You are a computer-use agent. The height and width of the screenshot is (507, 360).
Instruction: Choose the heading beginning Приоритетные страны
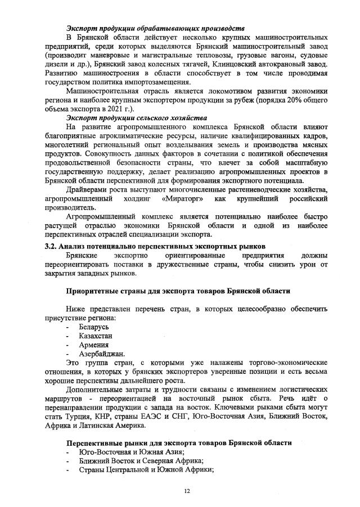tap(178, 291)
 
